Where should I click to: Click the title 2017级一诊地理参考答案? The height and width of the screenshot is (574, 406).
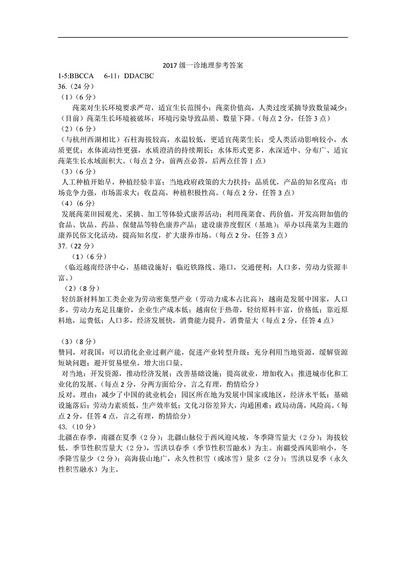(x=203, y=66)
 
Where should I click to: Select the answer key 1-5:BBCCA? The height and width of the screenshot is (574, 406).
(x=77, y=75)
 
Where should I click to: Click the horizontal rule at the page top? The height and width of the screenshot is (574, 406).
(x=203, y=37)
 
